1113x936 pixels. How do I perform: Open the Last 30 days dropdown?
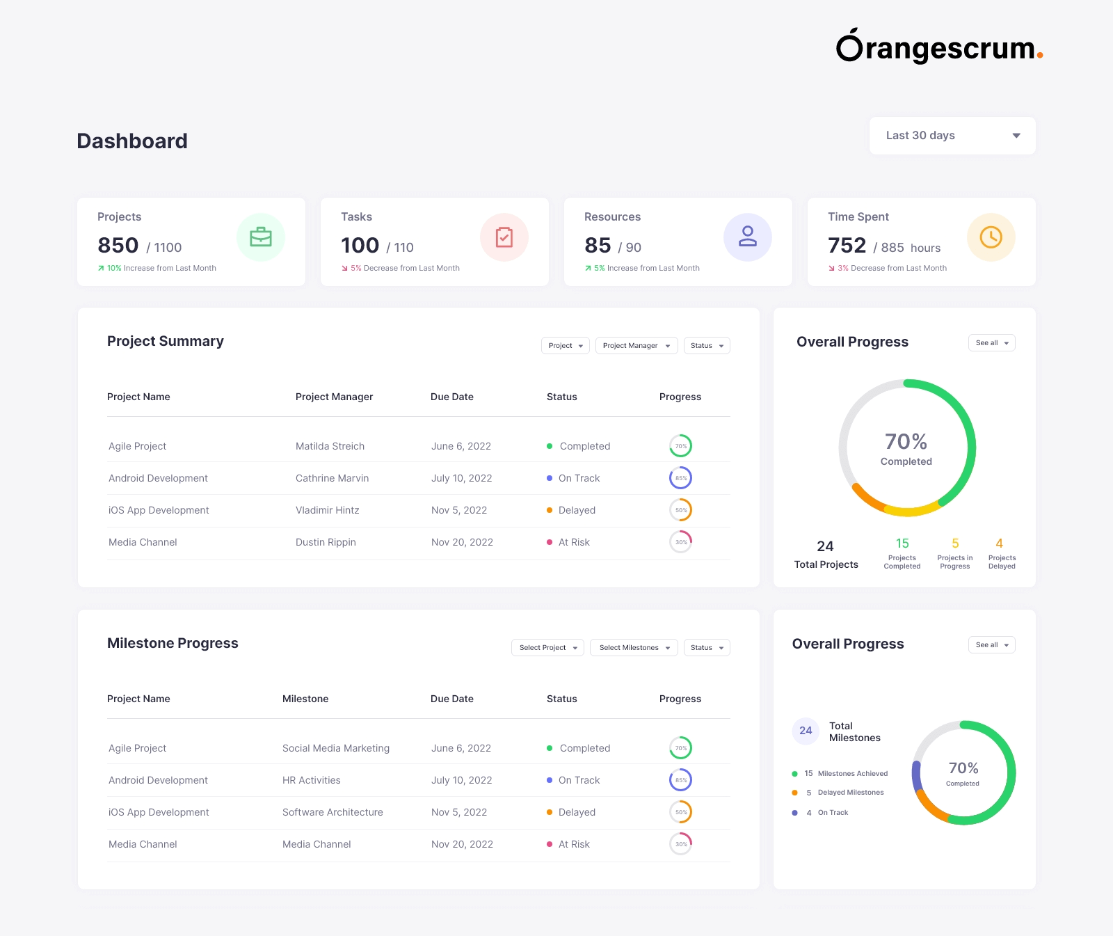(x=952, y=136)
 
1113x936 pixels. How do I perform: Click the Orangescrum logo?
(x=938, y=47)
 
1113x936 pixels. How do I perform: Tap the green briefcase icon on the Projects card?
(x=261, y=237)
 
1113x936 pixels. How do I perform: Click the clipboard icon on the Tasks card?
(x=504, y=237)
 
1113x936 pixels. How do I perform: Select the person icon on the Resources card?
(x=748, y=237)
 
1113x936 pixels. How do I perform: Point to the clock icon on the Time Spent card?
(x=991, y=237)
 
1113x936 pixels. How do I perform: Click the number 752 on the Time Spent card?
(x=847, y=246)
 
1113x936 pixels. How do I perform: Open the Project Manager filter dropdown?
(x=636, y=346)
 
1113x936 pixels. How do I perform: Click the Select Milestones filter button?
(x=634, y=648)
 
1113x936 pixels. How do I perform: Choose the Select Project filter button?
(x=547, y=648)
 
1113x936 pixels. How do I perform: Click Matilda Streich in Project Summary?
(x=330, y=446)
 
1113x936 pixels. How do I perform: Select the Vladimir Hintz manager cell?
(x=327, y=510)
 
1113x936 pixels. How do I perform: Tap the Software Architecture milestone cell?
(x=333, y=812)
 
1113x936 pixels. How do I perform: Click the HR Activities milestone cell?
(x=311, y=780)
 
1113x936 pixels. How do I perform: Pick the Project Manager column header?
(x=334, y=397)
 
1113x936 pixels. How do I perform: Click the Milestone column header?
(x=305, y=699)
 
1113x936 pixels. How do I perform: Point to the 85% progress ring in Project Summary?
(x=680, y=478)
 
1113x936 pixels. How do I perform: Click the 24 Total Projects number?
(x=825, y=546)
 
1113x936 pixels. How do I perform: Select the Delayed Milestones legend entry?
(x=850, y=793)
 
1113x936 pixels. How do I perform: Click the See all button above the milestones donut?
(x=991, y=645)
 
